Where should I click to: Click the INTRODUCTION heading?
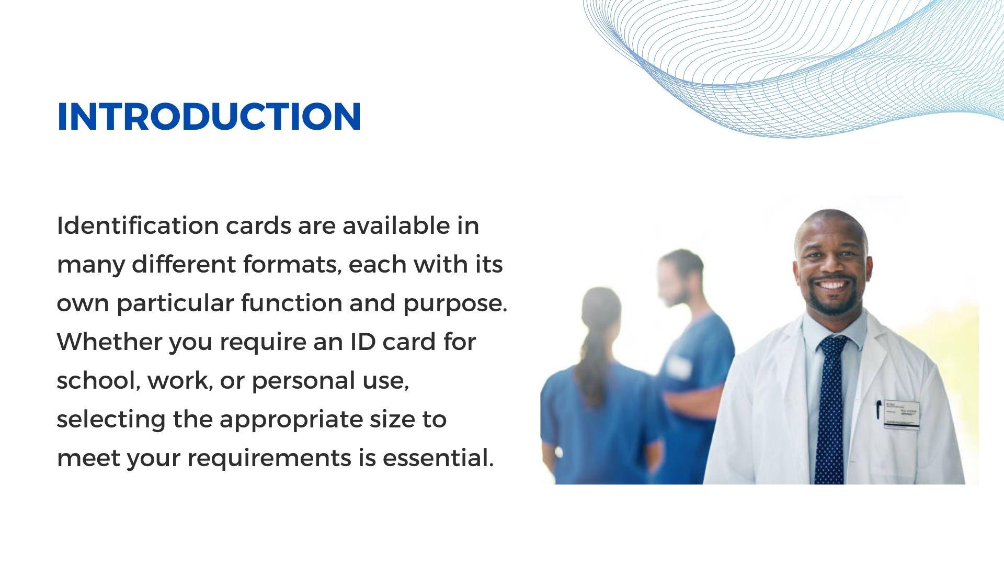pos(209,116)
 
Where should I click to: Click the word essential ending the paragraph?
pos(438,458)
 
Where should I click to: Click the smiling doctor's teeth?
pos(831,286)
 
